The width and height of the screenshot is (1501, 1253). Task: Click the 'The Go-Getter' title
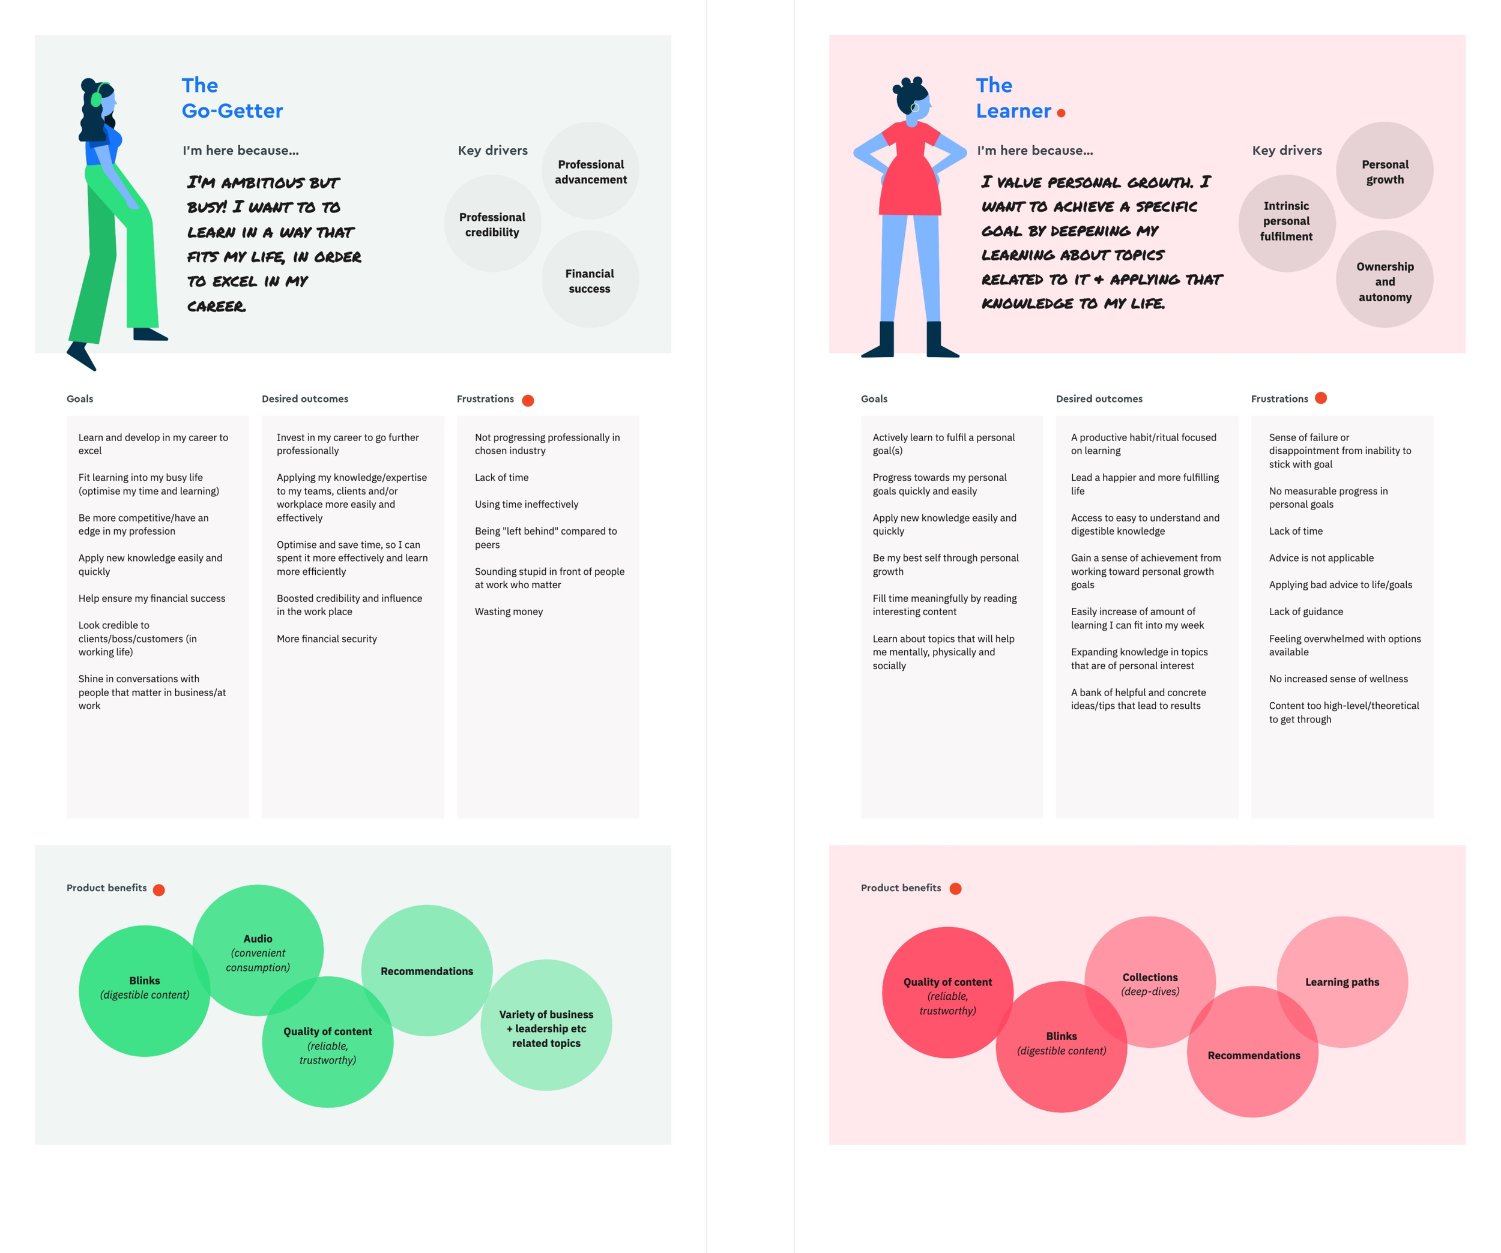tap(232, 98)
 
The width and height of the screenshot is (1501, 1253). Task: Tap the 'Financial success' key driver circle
tap(590, 280)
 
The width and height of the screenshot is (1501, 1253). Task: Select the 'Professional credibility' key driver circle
tap(492, 224)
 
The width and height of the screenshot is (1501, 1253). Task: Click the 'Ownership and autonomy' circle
tap(1385, 281)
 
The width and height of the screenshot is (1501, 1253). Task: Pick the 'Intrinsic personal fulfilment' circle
tap(1286, 221)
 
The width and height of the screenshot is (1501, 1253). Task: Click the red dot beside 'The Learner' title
tap(1061, 113)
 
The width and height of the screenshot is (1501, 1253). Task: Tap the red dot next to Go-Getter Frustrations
tap(528, 400)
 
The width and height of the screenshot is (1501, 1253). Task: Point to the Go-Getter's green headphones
tap(97, 98)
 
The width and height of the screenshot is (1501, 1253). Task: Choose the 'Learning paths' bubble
tap(1342, 982)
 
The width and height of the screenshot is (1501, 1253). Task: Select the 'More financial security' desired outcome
tap(327, 639)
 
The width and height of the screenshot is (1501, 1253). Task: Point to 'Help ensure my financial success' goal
tap(151, 599)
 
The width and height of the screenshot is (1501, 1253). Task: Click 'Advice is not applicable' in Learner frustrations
tap(1321, 558)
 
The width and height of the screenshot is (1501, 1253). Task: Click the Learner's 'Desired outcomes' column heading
tap(1099, 398)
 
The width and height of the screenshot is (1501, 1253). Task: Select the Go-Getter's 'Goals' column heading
tap(79, 398)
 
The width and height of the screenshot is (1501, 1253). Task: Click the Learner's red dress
tap(910, 175)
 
